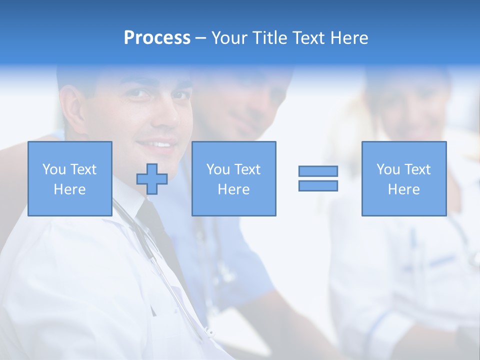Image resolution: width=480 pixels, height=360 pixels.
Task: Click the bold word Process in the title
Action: click(157, 38)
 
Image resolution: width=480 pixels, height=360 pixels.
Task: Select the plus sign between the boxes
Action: click(152, 179)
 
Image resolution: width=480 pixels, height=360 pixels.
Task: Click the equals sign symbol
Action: click(318, 178)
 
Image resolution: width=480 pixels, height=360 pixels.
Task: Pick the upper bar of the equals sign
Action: click(318, 171)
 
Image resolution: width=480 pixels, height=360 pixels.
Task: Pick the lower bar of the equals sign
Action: click(318, 185)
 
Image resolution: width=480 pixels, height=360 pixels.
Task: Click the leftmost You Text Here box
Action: click(70, 178)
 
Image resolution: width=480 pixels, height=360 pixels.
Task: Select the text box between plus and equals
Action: click(233, 178)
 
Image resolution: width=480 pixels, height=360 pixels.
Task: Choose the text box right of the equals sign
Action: click(403, 178)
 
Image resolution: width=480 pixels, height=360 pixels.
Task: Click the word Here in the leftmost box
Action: click(70, 189)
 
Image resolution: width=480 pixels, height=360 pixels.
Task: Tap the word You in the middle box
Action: click(218, 169)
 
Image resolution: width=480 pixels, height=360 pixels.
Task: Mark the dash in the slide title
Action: click(201, 38)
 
